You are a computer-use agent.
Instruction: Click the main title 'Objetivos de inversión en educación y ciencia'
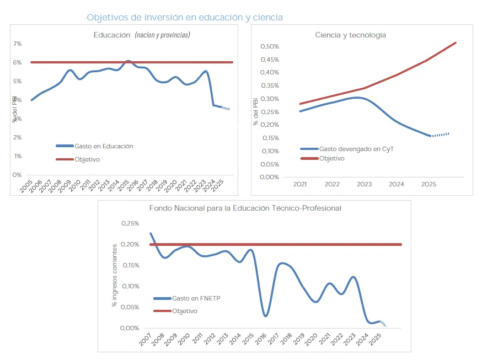185,18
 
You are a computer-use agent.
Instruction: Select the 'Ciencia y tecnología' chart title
350,35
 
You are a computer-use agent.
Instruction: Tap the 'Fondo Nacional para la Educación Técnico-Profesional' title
245,208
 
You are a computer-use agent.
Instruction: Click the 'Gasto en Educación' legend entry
103,146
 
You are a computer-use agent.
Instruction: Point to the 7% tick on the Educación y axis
18,44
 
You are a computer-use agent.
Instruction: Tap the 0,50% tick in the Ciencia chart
270,46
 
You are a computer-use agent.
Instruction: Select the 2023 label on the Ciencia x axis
365,184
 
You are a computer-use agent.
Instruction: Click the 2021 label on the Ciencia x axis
301,184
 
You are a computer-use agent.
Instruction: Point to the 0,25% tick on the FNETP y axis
130,223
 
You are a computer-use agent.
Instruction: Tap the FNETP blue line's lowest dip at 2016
266,316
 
